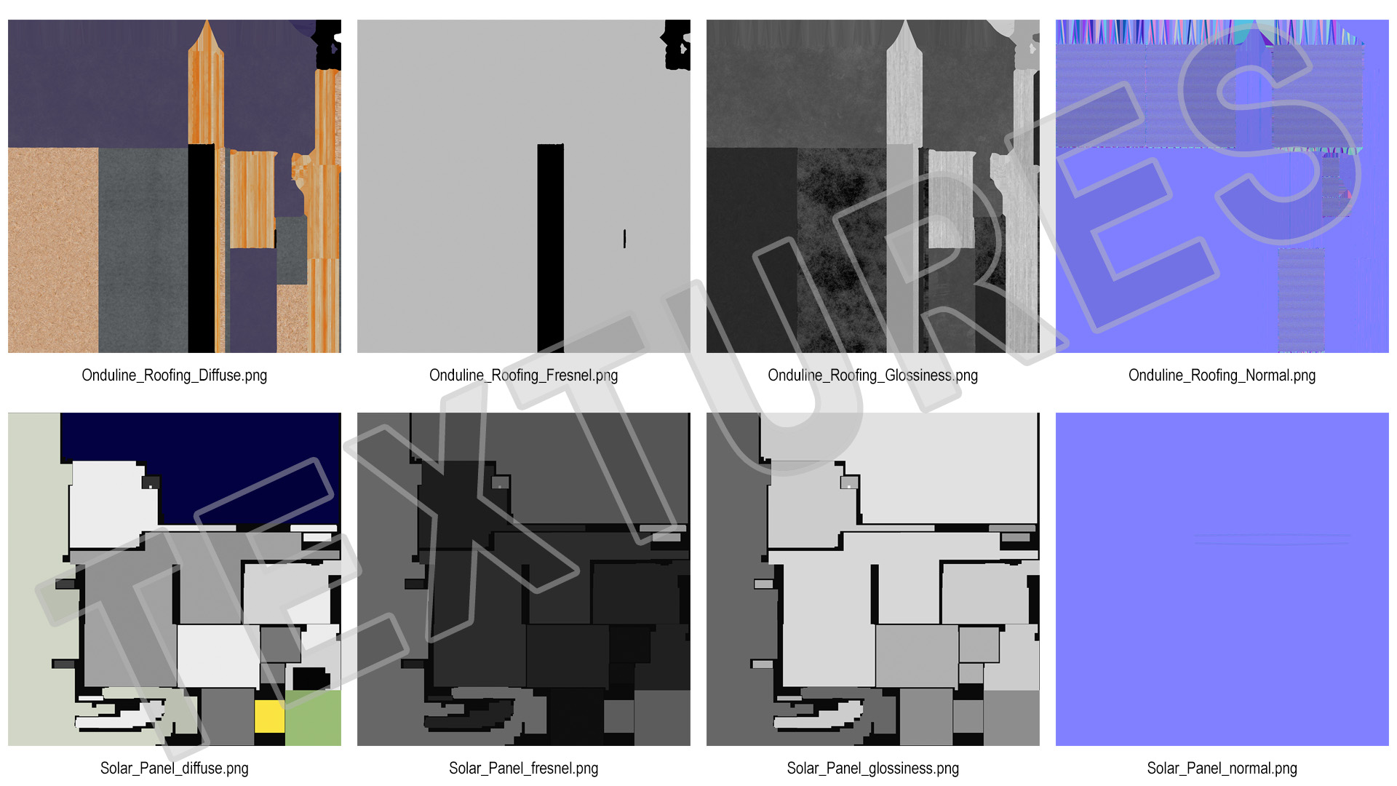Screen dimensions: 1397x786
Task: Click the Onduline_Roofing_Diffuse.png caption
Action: coord(175,376)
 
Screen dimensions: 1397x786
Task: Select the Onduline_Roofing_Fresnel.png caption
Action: coord(524,376)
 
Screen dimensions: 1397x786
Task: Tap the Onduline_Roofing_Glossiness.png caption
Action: coord(873,376)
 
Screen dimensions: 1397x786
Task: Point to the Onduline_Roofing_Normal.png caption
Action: coord(1222,376)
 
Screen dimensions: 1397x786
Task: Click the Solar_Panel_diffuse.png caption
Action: coord(175,769)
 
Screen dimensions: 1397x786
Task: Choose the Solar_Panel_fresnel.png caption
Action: coord(524,769)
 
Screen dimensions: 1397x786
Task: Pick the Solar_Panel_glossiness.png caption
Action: coord(873,769)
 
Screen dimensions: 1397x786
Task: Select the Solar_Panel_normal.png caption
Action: coord(1222,769)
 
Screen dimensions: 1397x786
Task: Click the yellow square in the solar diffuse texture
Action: coord(269,717)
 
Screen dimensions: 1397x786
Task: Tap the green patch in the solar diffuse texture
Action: coord(313,718)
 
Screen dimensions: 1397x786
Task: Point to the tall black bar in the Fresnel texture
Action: coord(551,248)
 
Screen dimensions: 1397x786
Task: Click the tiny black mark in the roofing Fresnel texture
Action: coord(624,238)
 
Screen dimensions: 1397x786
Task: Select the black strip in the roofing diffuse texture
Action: coord(202,248)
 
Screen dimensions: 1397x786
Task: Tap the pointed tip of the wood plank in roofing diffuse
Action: coord(208,21)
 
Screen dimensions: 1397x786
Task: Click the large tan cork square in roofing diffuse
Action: coord(53,250)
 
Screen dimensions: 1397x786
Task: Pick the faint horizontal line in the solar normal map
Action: coord(1271,539)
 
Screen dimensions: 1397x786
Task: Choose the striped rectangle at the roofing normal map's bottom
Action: coord(1301,301)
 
